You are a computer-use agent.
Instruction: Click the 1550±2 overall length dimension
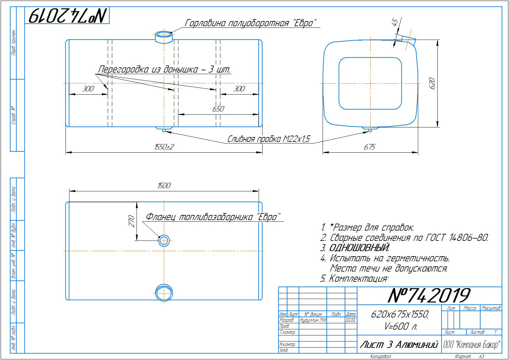164,147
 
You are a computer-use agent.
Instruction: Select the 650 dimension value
218,109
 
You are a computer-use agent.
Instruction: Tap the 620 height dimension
432,83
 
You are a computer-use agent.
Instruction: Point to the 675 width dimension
369,147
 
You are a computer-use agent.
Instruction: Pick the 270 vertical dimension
131,221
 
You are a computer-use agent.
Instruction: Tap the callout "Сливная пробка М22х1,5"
269,139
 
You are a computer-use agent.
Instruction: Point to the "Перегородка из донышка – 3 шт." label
164,70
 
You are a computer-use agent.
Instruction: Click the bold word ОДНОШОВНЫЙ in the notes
359,248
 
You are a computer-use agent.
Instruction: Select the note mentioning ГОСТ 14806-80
405,238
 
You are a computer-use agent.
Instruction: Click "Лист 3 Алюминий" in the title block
398,345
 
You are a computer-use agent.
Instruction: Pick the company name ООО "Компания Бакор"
472,345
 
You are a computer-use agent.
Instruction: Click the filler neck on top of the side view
164,37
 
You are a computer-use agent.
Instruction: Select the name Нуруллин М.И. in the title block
313,320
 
